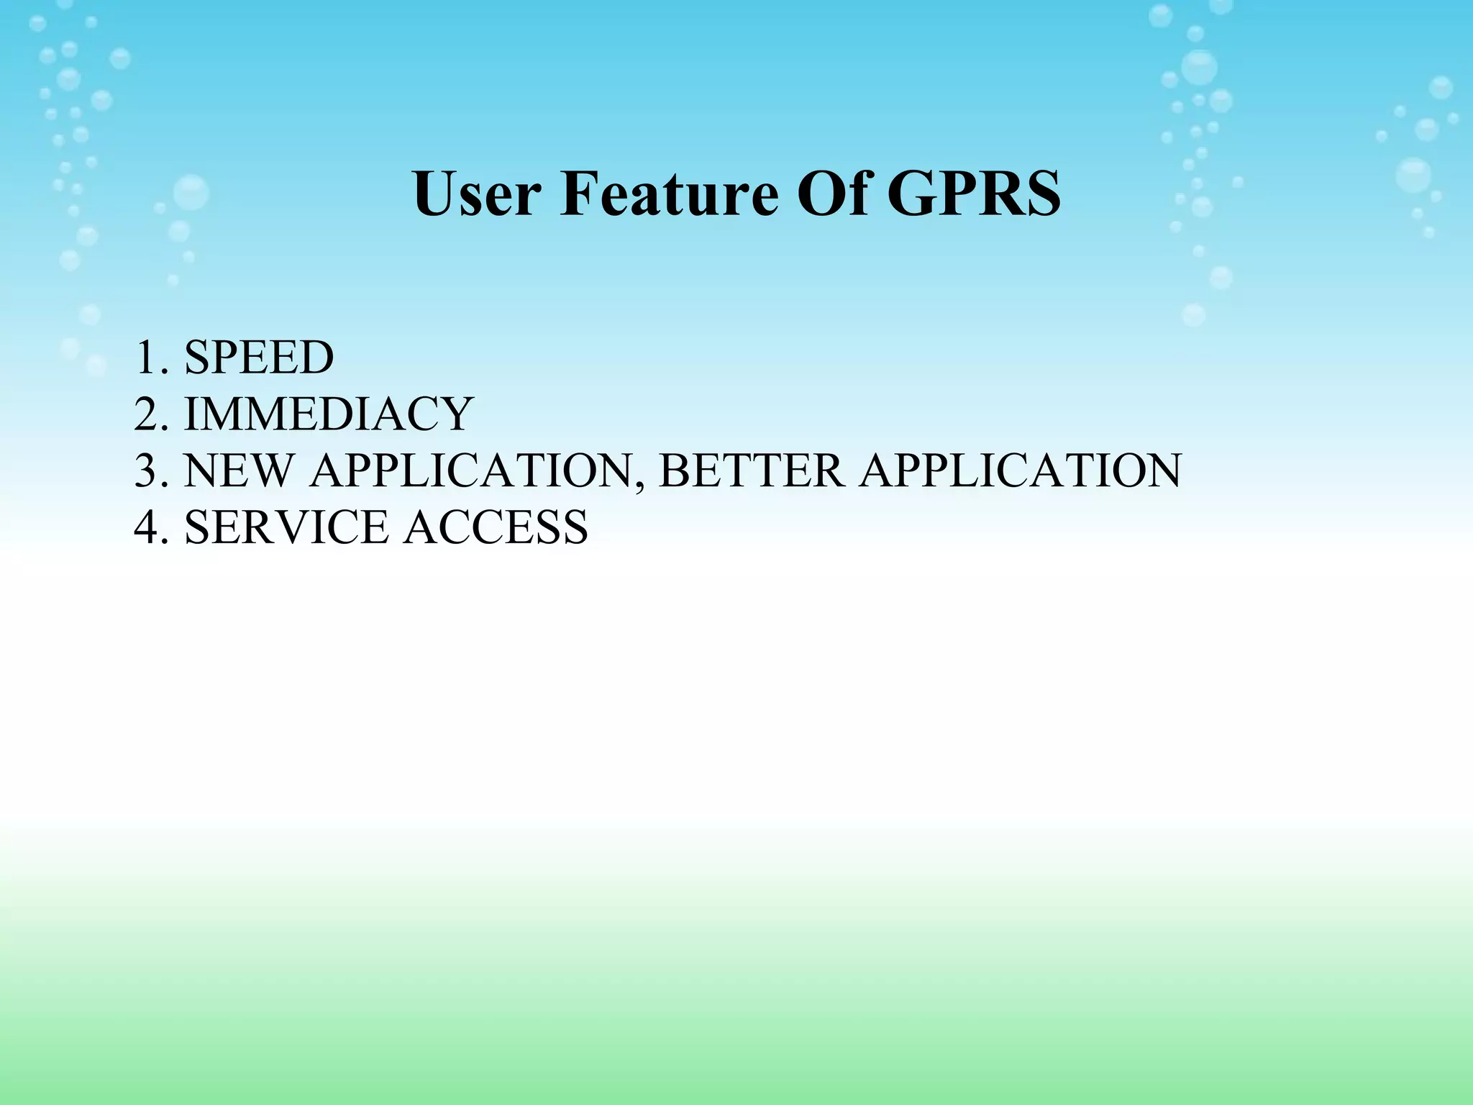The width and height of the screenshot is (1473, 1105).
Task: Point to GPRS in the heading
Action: pyautogui.click(x=974, y=194)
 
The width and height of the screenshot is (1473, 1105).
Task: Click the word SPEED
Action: pyautogui.click(x=259, y=358)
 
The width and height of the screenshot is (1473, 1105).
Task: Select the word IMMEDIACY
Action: pyautogui.click(x=329, y=414)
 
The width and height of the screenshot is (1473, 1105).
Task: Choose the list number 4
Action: pyautogui.click(x=147, y=527)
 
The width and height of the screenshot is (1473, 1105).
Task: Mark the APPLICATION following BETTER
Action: pyautogui.click(x=1020, y=470)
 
